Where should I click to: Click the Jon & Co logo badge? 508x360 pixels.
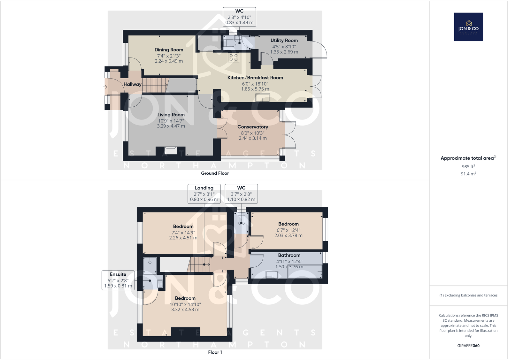(468, 27)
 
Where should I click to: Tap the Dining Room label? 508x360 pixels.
(169, 50)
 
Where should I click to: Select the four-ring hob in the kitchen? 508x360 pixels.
(233, 57)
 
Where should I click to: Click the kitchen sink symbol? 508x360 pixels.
(263, 97)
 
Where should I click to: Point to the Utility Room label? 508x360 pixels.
(284, 40)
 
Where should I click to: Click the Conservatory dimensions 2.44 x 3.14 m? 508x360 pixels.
(252, 138)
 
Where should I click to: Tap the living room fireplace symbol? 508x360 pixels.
(171, 150)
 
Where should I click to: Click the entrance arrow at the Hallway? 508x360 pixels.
(105, 87)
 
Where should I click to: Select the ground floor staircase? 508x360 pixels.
(155, 85)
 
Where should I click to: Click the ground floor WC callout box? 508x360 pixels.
(239, 17)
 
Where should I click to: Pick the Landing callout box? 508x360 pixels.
(204, 193)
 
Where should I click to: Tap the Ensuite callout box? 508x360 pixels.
(118, 280)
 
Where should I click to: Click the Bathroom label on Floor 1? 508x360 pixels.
(289, 255)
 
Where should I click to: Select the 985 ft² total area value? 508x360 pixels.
(468, 166)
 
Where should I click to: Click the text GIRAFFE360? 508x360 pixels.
(468, 346)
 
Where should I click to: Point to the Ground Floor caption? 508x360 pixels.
(215, 173)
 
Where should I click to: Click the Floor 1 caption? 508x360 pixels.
(215, 352)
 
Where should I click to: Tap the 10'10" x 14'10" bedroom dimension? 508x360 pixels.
(185, 304)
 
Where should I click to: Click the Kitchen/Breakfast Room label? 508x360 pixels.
(255, 78)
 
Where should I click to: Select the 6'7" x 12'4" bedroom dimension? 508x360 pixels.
(288, 230)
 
